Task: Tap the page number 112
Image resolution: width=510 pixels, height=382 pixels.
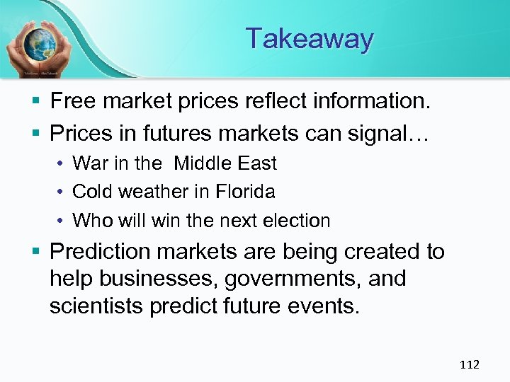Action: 470,364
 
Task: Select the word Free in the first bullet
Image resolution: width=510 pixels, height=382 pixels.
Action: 74,101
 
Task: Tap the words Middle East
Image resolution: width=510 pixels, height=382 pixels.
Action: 225,163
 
